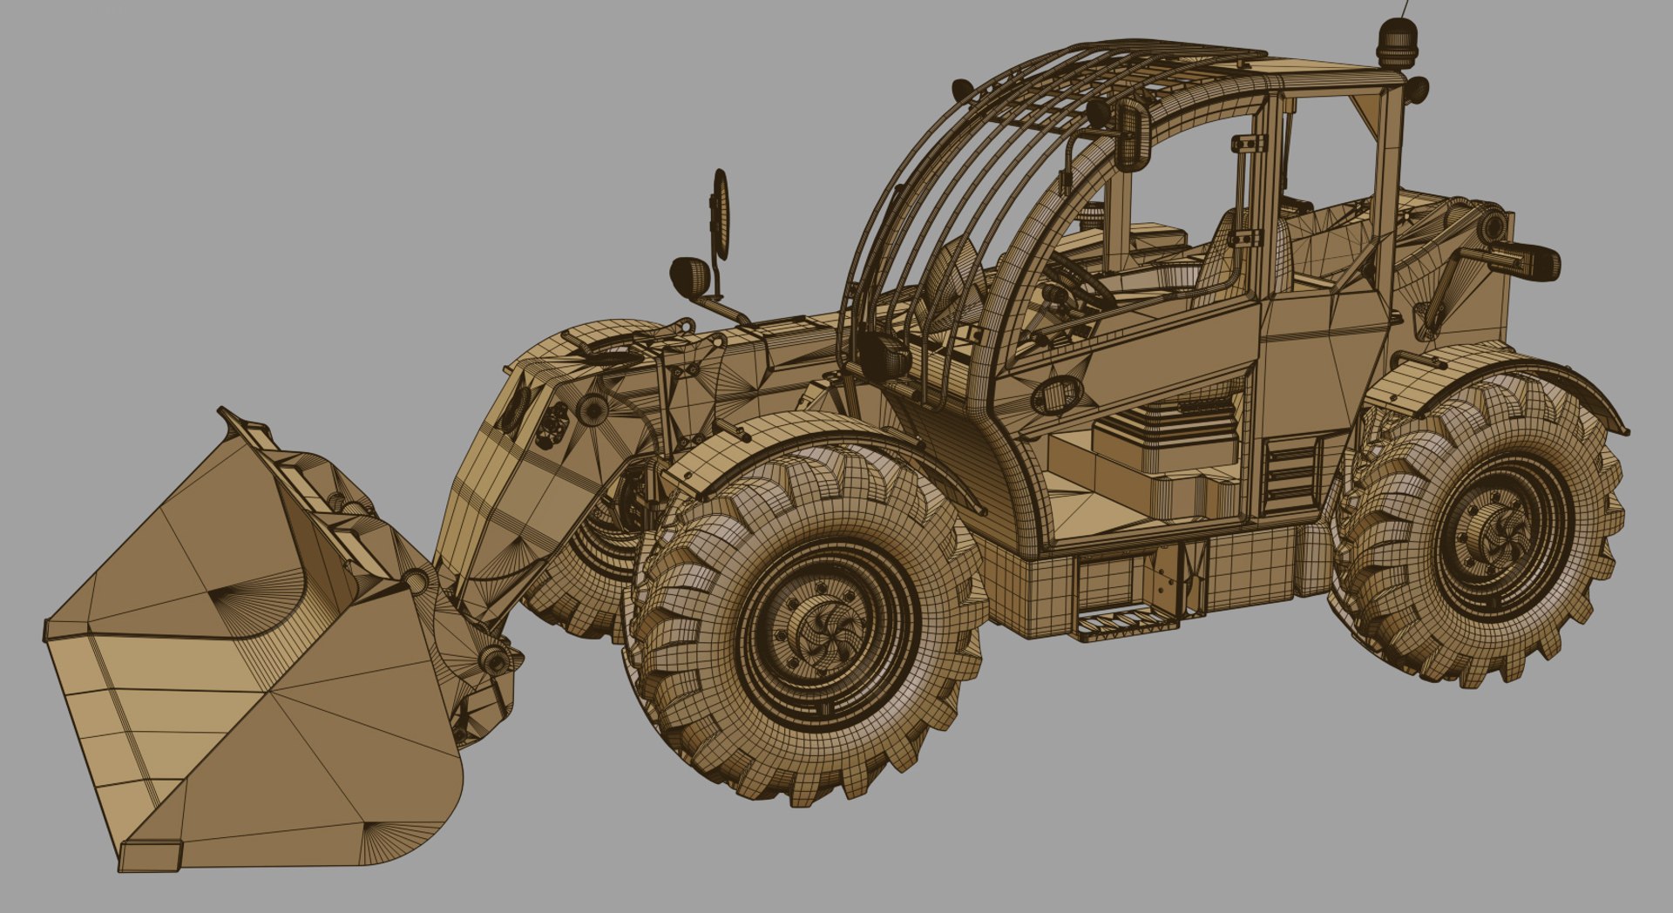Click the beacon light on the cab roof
(x=1397, y=47)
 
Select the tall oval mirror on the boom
(x=721, y=214)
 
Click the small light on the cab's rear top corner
(x=1416, y=89)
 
